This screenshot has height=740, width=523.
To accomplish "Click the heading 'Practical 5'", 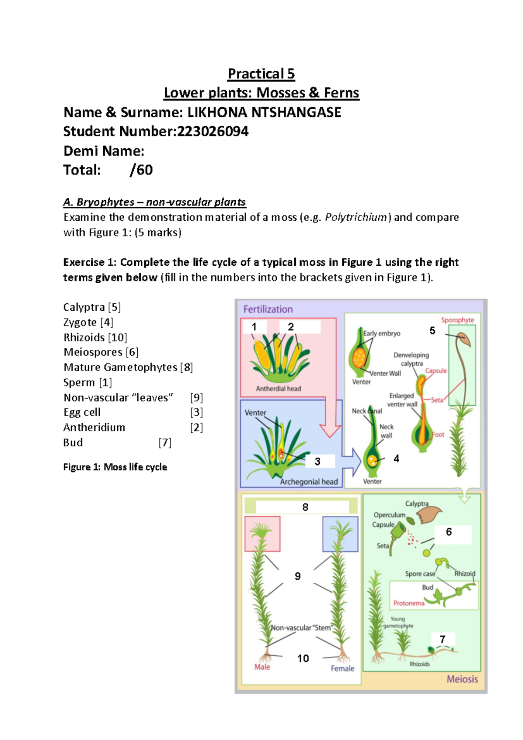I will [261, 74].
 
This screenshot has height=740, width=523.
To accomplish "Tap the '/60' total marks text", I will [141, 170].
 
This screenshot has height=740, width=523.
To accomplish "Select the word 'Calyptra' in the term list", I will [84, 307].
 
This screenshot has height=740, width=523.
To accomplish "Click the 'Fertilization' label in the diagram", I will [268, 309].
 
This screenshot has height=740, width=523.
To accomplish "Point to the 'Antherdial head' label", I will [278, 388].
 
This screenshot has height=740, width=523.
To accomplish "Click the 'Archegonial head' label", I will [309, 482].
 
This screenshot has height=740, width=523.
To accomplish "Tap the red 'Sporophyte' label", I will [457, 320].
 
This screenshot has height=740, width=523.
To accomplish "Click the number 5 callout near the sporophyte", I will [432, 331].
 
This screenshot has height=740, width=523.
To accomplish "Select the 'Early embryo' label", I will [382, 333].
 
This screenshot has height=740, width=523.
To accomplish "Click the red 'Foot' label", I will [438, 435].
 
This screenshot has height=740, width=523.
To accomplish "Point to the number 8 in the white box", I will [305, 507].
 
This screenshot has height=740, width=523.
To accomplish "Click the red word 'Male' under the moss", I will [262, 667].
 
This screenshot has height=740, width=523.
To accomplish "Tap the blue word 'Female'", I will [342, 668].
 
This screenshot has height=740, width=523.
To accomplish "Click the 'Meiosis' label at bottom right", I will [462, 679].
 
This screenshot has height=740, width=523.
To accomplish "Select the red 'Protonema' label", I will [408, 603].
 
